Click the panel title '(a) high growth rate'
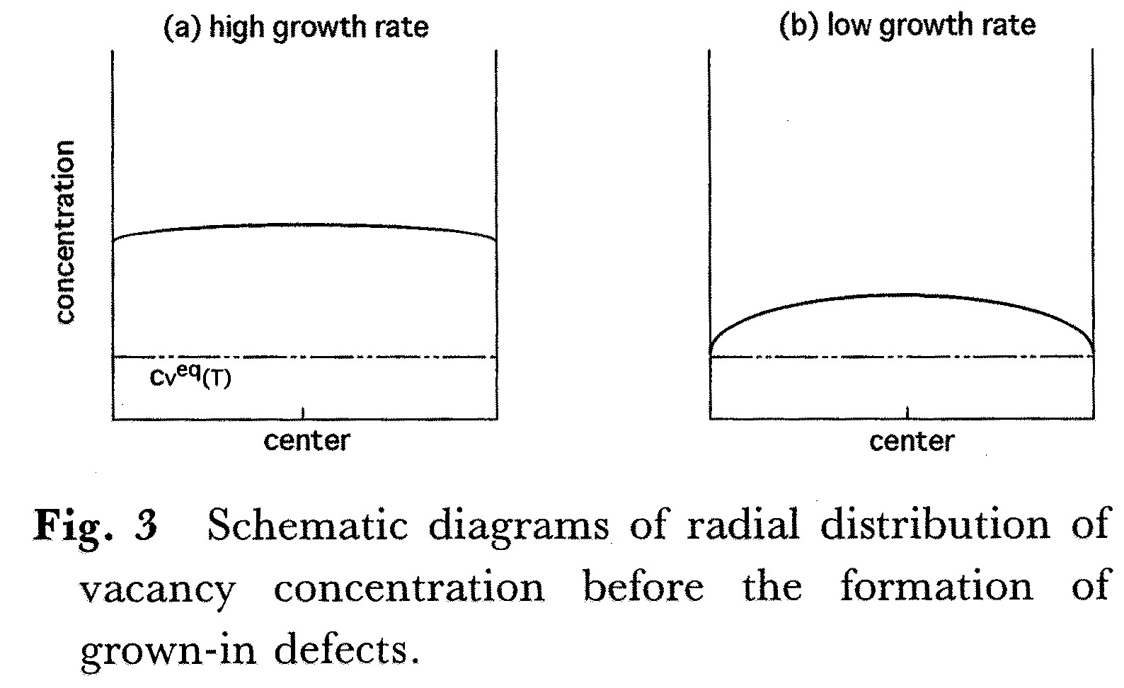296,28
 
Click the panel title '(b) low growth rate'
907,26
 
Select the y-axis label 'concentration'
64,232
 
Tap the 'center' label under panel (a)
306,440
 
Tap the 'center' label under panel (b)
912,441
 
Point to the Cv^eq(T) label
190,378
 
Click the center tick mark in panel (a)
304,413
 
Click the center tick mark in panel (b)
908,413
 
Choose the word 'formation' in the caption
936,587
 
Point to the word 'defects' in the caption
343,648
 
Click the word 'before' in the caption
643,587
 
